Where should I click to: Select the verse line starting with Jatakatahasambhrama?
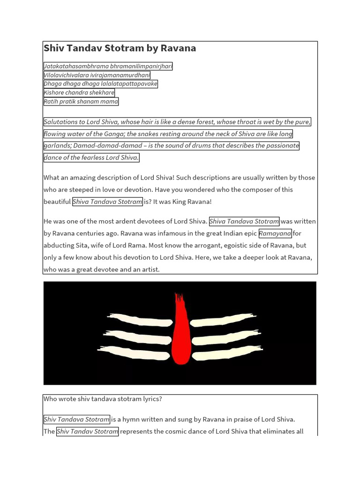tap(108, 66)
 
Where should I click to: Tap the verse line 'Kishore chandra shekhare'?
tap(79, 93)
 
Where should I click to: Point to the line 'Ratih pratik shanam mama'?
tap(81, 102)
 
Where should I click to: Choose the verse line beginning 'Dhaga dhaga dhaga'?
tap(100, 84)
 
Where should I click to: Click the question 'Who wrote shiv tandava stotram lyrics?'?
tap(103, 399)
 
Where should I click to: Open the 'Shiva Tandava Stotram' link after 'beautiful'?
tap(107, 202)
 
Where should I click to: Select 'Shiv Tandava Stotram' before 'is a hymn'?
tap(77, 420)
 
